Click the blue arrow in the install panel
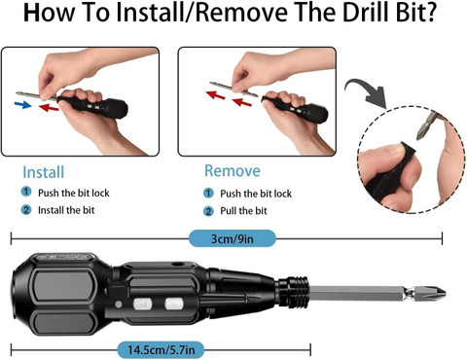(x=23, y=104)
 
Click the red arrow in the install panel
(x=49, y=107)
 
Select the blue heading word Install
(x=44, y=172)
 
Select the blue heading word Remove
(x=233, y=170)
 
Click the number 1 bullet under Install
(x=26, y=192)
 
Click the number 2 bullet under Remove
(x=208, y=211)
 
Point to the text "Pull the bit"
(x=243, y=211)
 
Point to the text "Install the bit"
(x=66, y=210)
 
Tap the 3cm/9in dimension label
(x=233, y=238)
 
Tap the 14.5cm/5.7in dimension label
(x=162, y=350)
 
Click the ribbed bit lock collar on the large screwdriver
(x=293, y=292)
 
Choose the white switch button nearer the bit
(x=174, y=304)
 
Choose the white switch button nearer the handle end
(x=143, y=305)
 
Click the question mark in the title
(x=430, y=12)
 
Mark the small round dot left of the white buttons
(x=119, y=305)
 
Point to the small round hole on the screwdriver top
(x=177, y=264)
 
